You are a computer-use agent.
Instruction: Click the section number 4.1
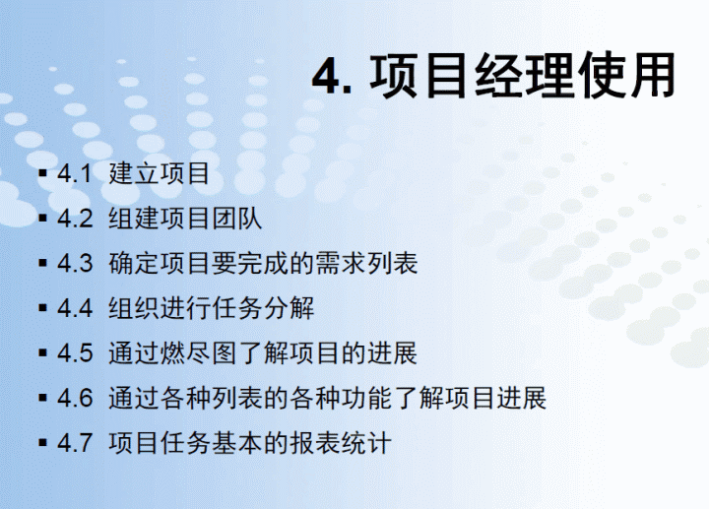click(x=74, y=173)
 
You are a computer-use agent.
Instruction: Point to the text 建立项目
click(x=159, y=173)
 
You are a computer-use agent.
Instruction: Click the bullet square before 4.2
click(x=43, y=219)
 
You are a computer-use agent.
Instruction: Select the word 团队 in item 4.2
click(x=236, y=218)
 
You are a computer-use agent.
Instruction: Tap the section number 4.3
click(x=75, y=263)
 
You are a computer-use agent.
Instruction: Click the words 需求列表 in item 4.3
click(x=366, y=263)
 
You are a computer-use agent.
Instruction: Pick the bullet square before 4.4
click(x=43, y=308)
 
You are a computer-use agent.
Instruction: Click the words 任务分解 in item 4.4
click(x=263, y=308)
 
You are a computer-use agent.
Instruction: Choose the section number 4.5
click(x=75, y=353)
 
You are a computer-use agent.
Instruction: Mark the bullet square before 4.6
click(x=43, y=398)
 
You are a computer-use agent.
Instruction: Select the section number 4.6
click(x=75, y=398)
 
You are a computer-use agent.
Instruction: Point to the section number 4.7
click(x=75, y=443)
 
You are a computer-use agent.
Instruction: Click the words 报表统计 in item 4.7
click(x=341, y=442)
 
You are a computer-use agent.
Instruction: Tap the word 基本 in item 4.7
click(x=237, y=442)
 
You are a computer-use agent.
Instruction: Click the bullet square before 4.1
click(x=43, y=173)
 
